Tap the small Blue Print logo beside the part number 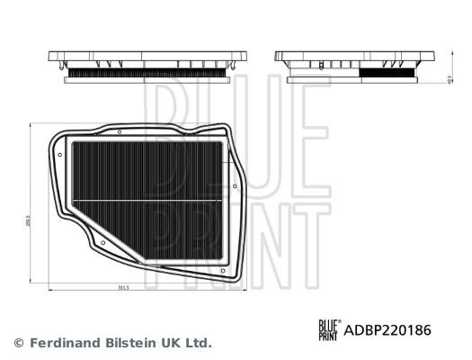(329, 330)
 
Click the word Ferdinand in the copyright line (63, 343)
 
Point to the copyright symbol (18, 343)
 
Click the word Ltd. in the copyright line (199, 343)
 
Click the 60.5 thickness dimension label (448, 79)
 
